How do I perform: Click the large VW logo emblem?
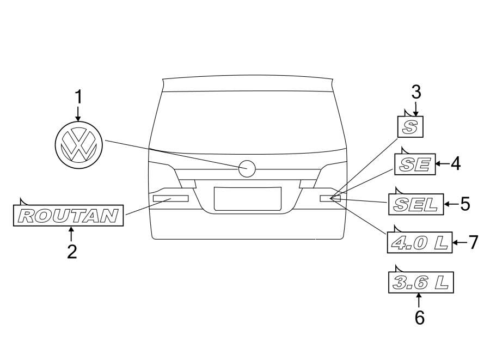78,144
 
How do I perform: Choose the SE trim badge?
415,163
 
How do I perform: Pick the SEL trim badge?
415,205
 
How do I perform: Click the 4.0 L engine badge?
420,243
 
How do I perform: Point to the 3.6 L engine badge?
420,283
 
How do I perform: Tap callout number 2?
71,252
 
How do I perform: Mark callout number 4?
455,163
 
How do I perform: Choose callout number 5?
464,204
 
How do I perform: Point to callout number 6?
419,317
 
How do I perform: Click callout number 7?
473,242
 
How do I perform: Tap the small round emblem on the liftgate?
247,169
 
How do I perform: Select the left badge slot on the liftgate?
170,198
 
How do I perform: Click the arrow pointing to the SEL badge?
451,205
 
